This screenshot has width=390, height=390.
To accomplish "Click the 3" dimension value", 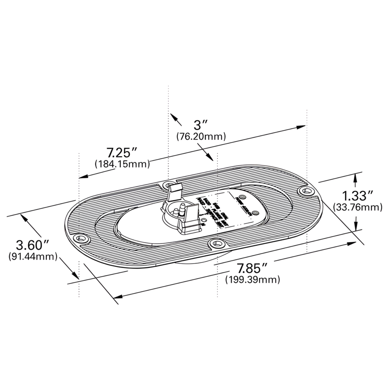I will pos(201,125).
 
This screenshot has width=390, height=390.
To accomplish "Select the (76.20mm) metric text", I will pos(201,136).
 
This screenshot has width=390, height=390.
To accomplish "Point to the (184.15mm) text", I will pos(122,164).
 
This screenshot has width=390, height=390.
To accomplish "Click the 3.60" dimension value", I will pos(33,245).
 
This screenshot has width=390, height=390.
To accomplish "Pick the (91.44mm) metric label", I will pos(33,256).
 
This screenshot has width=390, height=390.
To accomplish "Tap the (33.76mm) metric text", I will pos(357,207).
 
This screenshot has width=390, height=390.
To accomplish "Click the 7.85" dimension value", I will pos(253,268).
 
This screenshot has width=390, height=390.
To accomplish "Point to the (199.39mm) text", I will pos(253,280).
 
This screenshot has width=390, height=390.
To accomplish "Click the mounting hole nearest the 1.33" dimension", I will pos(305,191).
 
